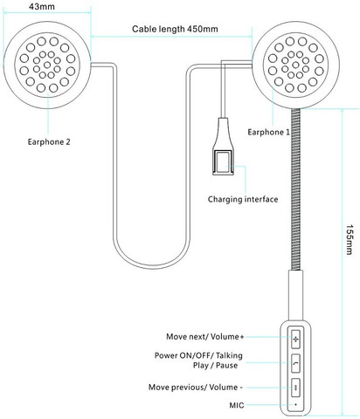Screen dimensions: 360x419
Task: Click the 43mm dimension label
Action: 42,6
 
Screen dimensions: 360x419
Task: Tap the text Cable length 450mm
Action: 175,29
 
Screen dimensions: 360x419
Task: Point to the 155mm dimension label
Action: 349,239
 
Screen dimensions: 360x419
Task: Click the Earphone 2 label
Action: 49,141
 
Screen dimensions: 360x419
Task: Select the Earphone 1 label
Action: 268,132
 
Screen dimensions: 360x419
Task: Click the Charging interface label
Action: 243,199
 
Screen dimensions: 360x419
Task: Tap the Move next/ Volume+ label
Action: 204,337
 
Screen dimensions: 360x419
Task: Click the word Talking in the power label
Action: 229,355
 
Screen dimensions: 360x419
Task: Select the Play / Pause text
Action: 215,365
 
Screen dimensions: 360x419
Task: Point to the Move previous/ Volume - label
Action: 196,388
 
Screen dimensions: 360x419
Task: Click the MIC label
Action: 237,405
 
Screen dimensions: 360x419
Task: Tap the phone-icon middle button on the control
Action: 295,363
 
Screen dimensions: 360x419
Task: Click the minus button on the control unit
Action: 295,388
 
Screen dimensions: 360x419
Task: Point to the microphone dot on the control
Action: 295,404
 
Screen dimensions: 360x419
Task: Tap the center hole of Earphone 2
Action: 47,65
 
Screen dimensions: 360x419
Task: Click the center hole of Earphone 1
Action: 295,65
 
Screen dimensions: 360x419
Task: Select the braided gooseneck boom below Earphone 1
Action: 295,189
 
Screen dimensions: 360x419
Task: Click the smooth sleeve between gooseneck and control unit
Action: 295,295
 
